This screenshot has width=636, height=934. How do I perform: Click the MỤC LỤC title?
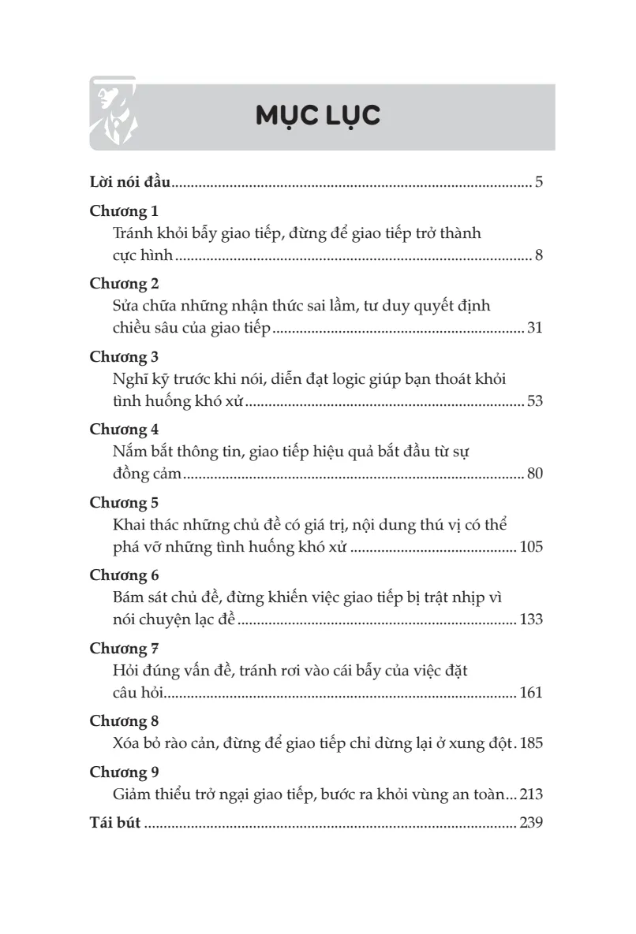click(x=318, y=115)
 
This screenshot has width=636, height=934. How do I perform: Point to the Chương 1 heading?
click(x=125, y=212)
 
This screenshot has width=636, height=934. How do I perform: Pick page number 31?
click(x=534, y=329)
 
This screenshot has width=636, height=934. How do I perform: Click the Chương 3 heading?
click(x=125, y=357)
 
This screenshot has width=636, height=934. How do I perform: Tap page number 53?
click(x=534, y=401)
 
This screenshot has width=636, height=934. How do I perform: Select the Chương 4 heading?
click(x=125, y=430)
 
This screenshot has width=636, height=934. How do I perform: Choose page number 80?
click(x=534, y=474)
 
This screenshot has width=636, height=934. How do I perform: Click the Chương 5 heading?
click(x=125, y=502)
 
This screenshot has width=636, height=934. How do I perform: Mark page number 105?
click(x=531, y=547)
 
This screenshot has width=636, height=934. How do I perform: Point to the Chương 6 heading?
click(x=125, y=575)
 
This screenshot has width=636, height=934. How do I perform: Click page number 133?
click(x=531, y=620)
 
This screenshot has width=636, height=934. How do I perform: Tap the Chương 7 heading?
click(x=125, y=649)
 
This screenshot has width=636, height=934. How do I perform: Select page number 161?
click(x=531, y=693)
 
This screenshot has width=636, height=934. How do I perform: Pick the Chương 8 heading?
click(x=125, y=721)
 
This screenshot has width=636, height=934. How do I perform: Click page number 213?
click(x=531, y=794)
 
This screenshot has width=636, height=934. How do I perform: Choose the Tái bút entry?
click(x=115, y=824)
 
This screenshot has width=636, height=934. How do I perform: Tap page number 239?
click(x=531, y=824)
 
